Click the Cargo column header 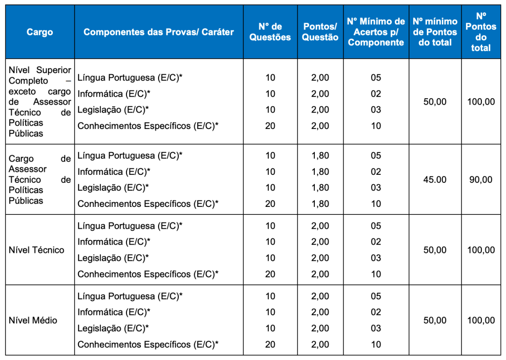point(40,32)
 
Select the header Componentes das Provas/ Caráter point(159,32)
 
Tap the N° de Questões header point(270,32)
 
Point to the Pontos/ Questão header point(320,32)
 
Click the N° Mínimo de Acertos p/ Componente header point(376,32)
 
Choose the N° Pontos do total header point(481,32)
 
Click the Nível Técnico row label point(37,250)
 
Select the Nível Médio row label point(33,320)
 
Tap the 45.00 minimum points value point(435,180)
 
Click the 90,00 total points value point(481,180)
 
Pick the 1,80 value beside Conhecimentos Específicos point(320,203)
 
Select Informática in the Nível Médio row point(114,312)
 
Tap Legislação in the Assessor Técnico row point(113,188)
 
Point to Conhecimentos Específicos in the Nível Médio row point(148,344)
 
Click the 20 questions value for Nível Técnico point(270,274)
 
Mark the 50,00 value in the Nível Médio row point(435,320)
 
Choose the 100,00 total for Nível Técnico point(481,250)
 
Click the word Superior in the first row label point(54,70)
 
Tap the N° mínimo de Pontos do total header point(435,32)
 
